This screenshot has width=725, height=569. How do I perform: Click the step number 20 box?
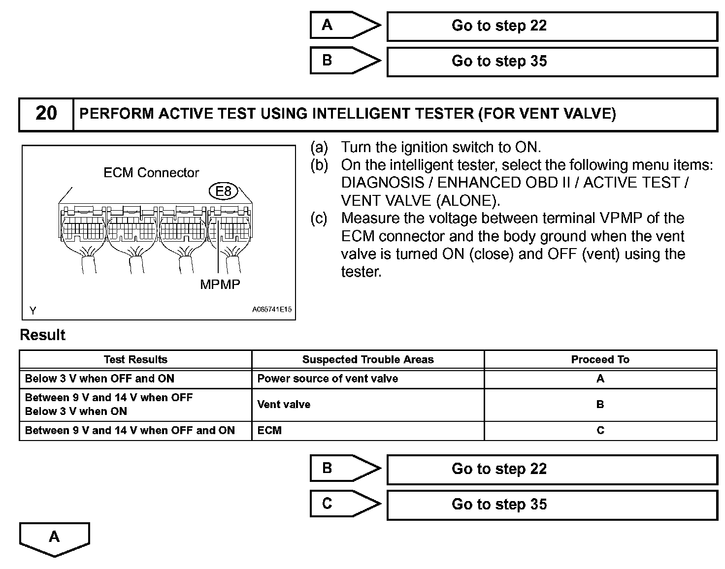(x=46, y=114)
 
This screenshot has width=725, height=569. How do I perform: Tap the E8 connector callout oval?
(x=224, y=191)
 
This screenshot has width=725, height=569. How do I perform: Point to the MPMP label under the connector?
(x=220, y=284)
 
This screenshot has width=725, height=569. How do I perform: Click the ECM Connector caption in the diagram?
(x=151, y=173)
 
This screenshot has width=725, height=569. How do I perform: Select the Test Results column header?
(x=135, y=359)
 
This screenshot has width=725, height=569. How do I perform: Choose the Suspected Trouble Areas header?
(x=367, y=359)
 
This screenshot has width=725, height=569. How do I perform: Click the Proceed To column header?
(x=600, y=359)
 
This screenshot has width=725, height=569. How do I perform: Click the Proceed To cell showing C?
(x=600, y=430)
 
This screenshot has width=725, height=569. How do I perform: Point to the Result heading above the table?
(x=42, y=335)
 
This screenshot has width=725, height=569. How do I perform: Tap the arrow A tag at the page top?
(x=345, y=25)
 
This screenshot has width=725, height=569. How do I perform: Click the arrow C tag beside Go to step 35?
(x=345, y=504)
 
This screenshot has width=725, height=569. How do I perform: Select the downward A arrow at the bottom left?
(x=54, y=538)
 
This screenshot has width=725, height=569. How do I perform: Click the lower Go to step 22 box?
(x=552, y=469)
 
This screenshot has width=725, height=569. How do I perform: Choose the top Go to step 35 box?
(x=552, y=61)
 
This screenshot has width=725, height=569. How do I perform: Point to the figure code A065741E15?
(x=271, y=310)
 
